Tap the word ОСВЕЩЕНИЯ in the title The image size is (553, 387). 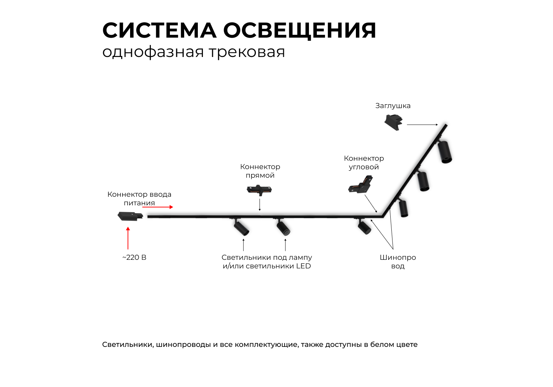[300, 30]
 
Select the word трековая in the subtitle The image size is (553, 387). [247, 52]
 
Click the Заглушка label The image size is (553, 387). [393, 106]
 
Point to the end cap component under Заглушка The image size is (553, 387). [393, 122]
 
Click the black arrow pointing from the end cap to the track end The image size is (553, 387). [422, 125]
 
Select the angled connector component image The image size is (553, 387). [361, 184]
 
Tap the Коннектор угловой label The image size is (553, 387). [364, 163]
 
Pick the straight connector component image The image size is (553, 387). [259, 190]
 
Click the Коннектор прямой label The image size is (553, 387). [260, 171]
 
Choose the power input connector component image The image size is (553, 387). [130, 216]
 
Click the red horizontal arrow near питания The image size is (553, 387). [158, 207]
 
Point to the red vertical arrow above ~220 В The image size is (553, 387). [128, 238]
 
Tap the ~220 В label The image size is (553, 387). [134, 258]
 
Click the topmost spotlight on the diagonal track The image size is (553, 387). [445, 152]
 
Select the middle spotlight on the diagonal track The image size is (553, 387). [423, 181]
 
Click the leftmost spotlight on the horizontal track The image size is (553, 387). [241, 228]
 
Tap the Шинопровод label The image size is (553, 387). [398, 262]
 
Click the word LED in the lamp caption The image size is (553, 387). [303, 266]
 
